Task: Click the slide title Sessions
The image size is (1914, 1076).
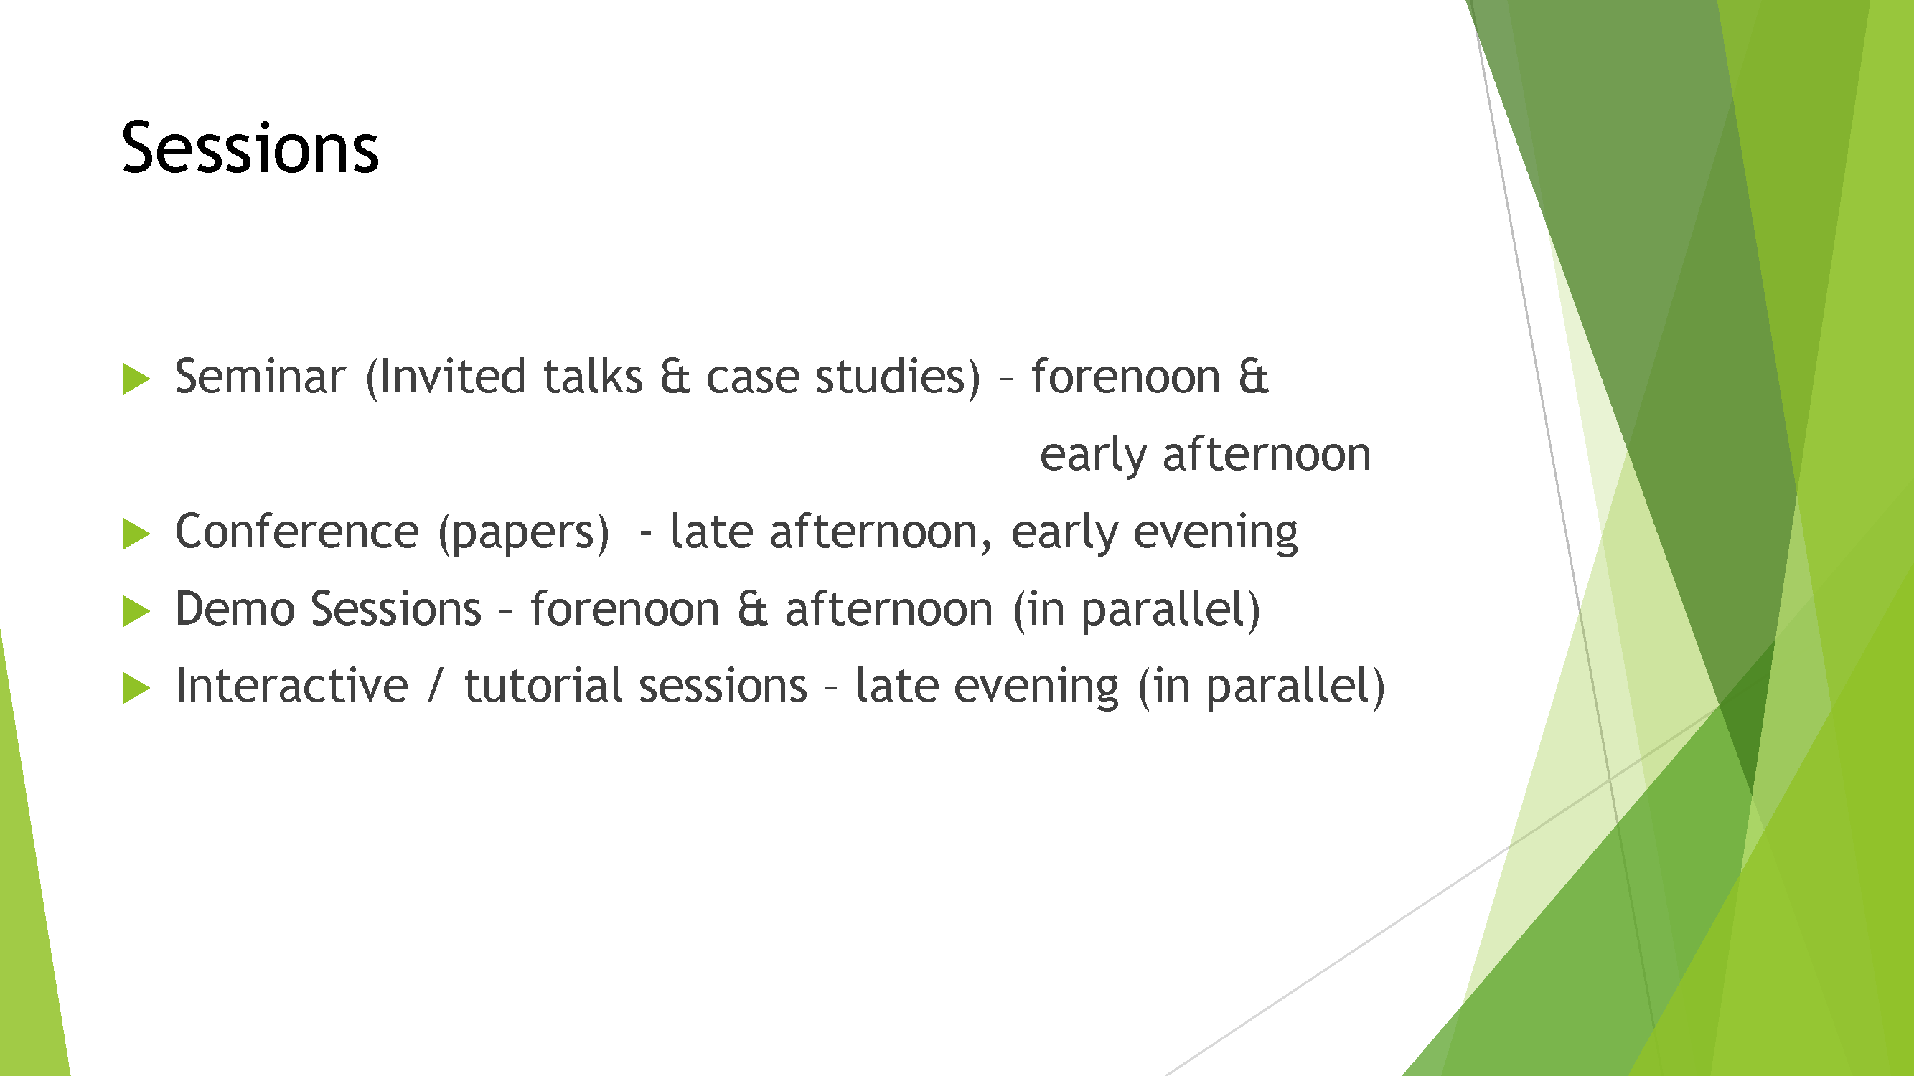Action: [x=250, y=148]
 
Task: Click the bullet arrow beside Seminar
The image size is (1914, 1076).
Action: [x=136, y=379]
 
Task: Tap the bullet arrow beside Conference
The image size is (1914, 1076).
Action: [x=136, y=534]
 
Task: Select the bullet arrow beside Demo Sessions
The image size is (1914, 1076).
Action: [x=136, y=611]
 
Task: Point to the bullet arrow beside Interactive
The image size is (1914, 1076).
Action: [x=136, y=688]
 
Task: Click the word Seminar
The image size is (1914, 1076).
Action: [x=260, y=377]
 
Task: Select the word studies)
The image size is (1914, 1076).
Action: [x=899, y=378]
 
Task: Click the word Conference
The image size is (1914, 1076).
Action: [x=297, y=532]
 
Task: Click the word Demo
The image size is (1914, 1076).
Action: [x=235, y=609]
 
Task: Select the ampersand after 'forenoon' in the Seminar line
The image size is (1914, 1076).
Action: [x=1254, y=377]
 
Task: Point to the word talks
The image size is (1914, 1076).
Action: [x=593, y=377]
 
